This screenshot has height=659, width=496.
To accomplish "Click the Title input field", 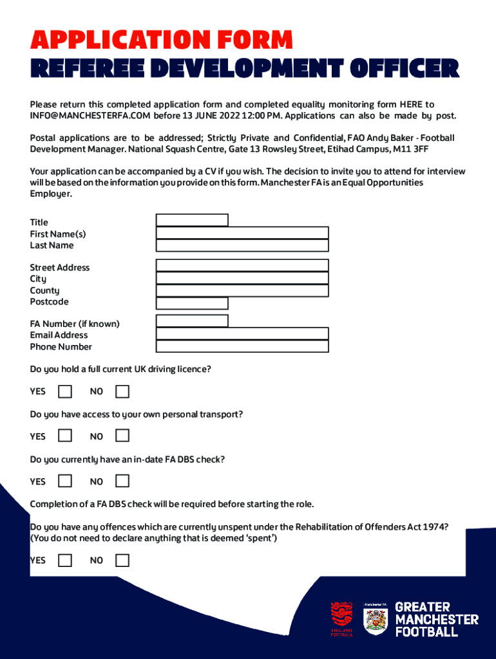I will click(x=192, y=220).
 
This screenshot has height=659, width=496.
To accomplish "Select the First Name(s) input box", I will click(x=242, y=233).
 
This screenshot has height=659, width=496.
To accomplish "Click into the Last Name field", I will click(x=242, y=245).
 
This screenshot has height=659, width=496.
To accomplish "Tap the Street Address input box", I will click(x=242, y=266).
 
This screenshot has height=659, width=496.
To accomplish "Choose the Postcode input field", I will click(x=192, y=303).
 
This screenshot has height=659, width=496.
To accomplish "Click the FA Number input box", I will click(x=192, y=321).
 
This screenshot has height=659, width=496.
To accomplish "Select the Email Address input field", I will click(x=242, y=334).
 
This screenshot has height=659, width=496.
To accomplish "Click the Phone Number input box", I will click(x=242, y=346).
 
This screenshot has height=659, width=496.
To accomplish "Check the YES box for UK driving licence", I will click(x=64, y=391).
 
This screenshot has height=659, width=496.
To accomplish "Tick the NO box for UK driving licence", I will click(x=122, y=391).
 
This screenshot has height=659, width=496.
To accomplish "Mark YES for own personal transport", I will click(x=64, y=436).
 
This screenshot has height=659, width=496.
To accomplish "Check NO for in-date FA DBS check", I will click(x=122, y=481).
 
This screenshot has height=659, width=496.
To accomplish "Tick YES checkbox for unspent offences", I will click(x=64, y=560).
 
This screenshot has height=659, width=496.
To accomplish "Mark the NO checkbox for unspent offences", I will click(x=122, y=560).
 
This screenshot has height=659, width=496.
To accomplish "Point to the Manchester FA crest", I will click(x=375, y=619).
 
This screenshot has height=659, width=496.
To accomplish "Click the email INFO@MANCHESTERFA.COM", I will click(x=90, y=116).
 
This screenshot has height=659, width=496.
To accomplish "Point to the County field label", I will click(x=44, y=290).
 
